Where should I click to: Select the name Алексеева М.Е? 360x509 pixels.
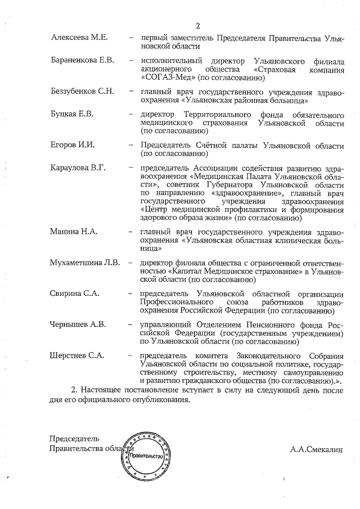[79, 37]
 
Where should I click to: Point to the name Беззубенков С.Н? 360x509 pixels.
[83, 91]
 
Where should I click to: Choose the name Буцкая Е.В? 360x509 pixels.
[71, 114]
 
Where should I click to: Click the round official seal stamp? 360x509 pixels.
[148, 456]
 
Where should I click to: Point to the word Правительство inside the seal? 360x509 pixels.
[147, 456]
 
